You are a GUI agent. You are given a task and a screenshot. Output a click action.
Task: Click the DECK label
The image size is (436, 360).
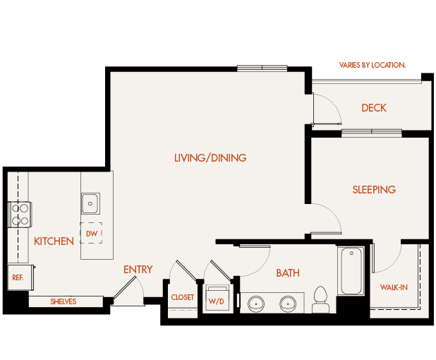(x=373, y=108)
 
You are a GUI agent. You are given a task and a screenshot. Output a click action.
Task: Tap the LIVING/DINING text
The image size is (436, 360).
(x=210, y=158)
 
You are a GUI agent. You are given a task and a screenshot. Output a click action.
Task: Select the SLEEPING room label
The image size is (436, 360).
(x=374, y=190)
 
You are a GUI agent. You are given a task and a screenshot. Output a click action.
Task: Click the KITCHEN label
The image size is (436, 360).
(x=54, y=241)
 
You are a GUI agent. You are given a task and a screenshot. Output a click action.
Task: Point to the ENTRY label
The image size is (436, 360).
(x=138, y=270)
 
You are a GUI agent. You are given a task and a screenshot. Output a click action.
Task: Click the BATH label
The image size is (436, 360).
(x=288, y=273)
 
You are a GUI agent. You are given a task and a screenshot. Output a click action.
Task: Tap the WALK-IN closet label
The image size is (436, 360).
(x=394, y=288)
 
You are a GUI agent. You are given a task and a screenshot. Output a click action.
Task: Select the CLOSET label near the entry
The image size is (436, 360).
(x=182, y=298)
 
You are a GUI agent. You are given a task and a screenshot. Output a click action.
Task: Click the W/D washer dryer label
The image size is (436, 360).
(x=215, y=301)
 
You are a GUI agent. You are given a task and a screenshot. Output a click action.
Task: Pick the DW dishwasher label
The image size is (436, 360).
(x=91, y=233)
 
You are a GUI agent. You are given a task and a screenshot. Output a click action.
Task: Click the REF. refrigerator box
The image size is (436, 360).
(x=18, y=277)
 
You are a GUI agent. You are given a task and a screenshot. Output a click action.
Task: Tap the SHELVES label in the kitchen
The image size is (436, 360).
(x=63, y=302)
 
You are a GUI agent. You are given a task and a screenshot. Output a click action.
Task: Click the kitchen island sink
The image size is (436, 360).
(x=90, y=203)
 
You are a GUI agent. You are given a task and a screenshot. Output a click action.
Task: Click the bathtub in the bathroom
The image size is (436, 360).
(x=351, y=271)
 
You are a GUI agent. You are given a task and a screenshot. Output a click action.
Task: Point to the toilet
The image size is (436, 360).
(x=321, y=299)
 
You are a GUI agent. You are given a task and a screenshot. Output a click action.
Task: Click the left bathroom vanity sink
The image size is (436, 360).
(x=255, y=304)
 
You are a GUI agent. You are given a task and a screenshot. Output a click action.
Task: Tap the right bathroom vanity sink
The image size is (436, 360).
(x=288, y=304)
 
